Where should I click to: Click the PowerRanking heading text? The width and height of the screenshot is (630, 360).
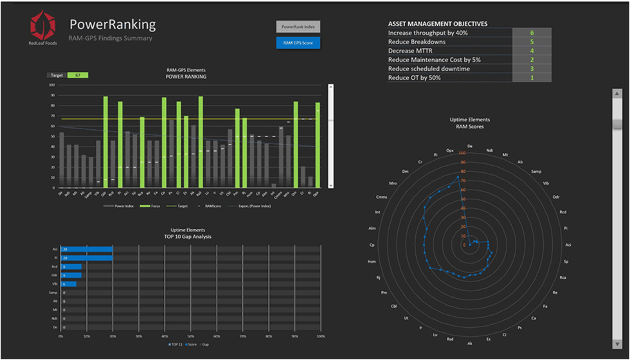(113, 24)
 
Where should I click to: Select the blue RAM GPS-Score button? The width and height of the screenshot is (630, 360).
(298, 43)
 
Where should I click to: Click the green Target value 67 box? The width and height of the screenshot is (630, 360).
(78, 75)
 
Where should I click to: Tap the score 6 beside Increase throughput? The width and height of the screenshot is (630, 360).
(532, 32)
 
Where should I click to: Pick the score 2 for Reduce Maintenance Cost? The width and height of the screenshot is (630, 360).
(532, 60)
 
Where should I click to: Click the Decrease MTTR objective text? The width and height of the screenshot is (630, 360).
(411, 51)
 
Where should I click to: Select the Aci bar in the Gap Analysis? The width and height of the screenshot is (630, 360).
(87, 249)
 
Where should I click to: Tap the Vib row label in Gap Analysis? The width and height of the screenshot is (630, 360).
(55, 283)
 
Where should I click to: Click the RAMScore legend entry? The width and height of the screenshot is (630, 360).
(213, 206)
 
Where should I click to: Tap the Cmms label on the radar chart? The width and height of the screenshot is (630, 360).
(381, 197)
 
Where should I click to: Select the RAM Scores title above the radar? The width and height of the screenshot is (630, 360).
(471, 127)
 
